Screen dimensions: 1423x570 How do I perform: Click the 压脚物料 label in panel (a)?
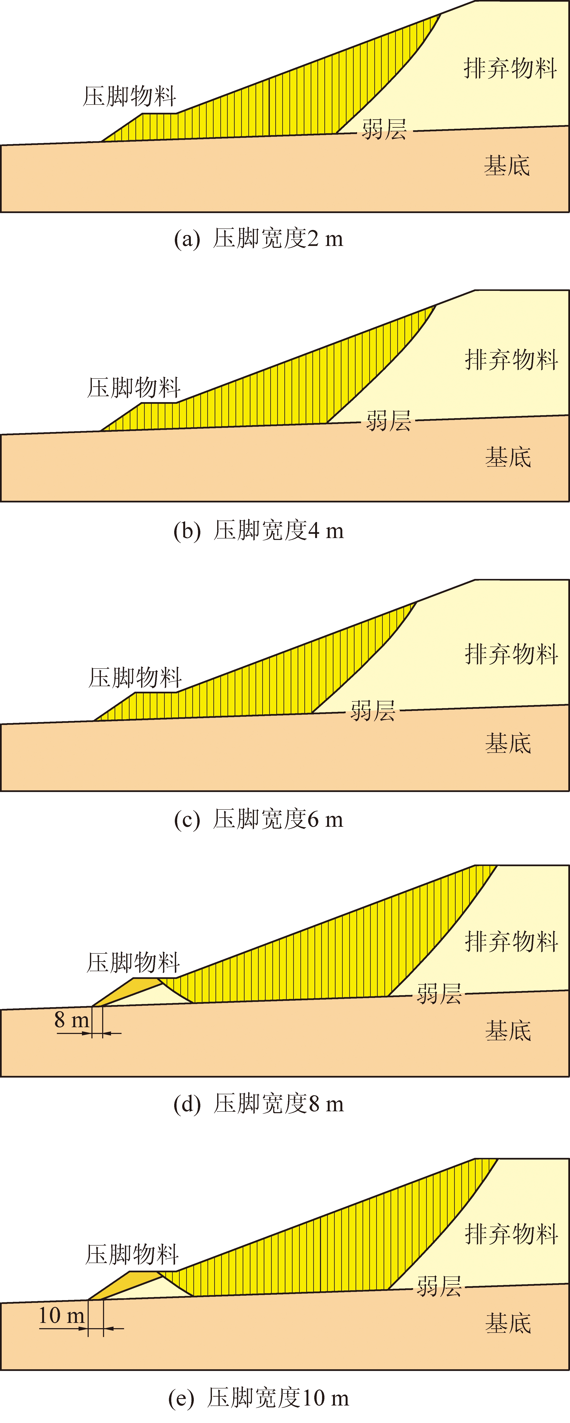[129, 96]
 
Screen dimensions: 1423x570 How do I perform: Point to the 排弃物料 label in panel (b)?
[511, 360]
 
